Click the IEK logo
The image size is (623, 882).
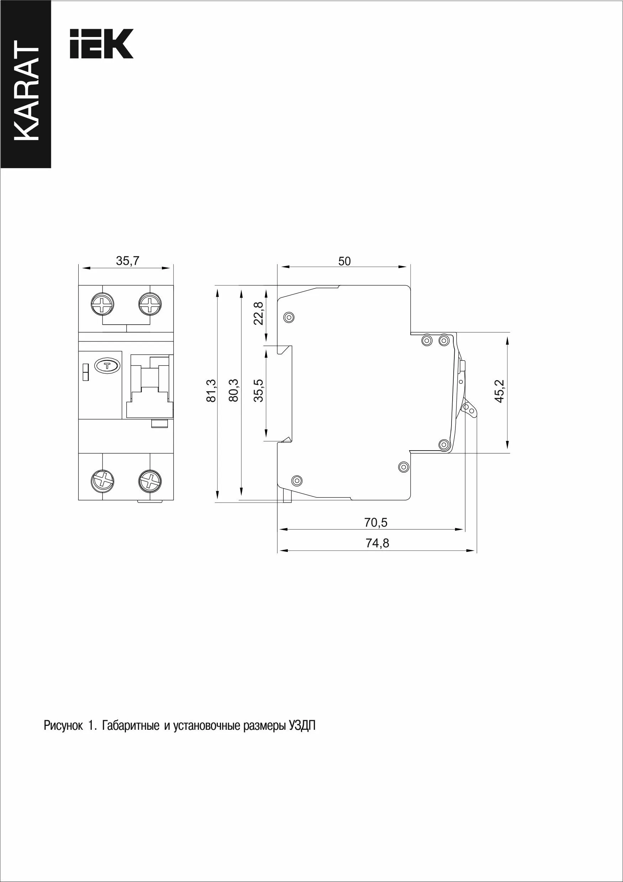(101, 44)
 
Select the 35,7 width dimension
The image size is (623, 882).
(128, 261)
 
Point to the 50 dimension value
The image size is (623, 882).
(344, 261)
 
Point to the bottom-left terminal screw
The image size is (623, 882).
(102, 480)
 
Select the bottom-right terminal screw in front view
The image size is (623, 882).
(150, 480)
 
